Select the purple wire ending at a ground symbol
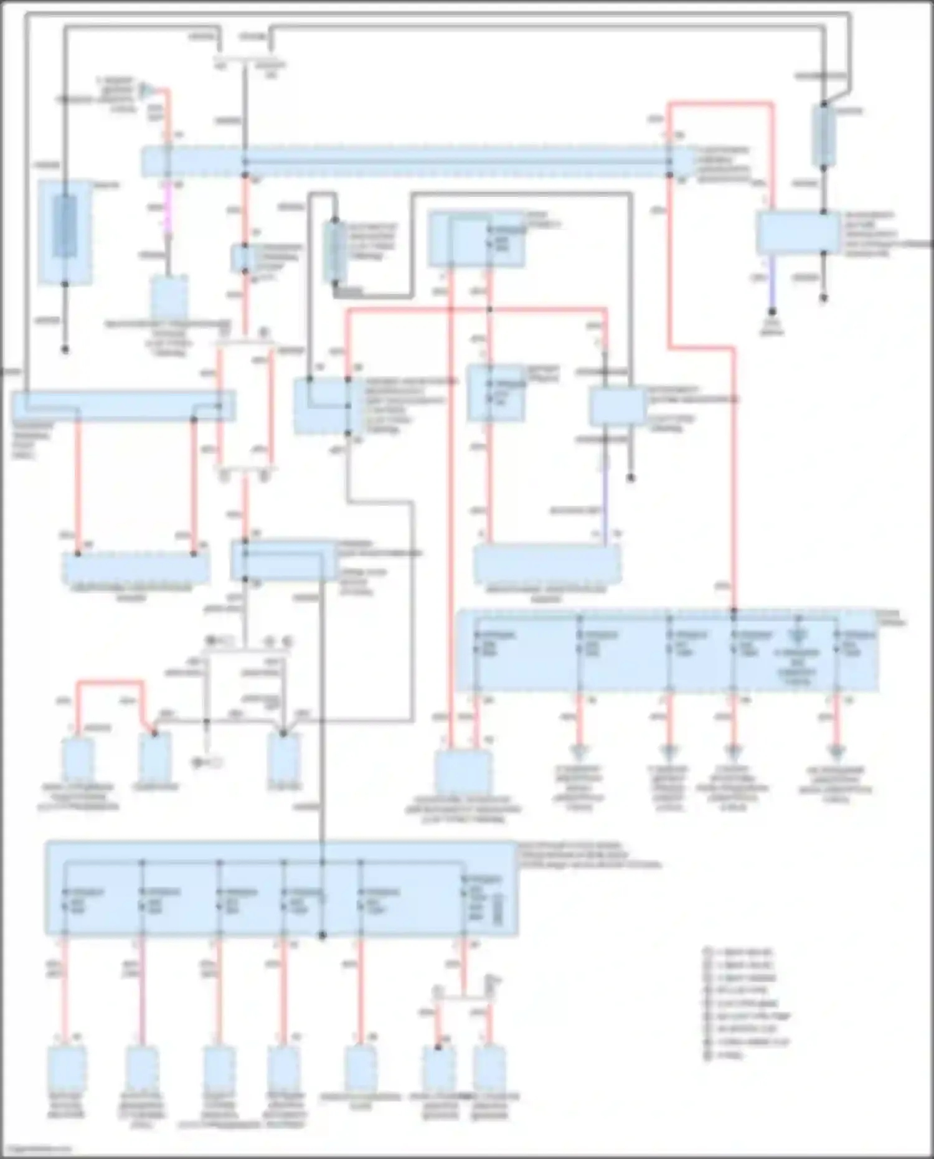tap(771, 283)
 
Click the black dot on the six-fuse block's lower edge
tap(322, 935)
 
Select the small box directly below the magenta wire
tap(169, 297)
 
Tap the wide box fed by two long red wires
tap(136, 567)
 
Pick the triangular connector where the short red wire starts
tap(144, 89)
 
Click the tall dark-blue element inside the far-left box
tap(64, 226)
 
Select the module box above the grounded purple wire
tap(798, 232)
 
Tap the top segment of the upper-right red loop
tap(720, 103)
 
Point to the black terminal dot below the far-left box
tap(65, 350)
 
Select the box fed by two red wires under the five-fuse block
tap(463, 772)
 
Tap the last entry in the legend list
tap(729, 1054)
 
